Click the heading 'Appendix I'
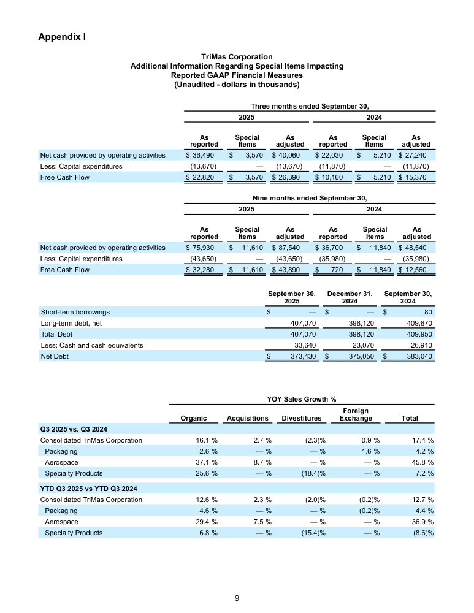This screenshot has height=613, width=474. point(61,37)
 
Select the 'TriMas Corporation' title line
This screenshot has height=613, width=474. point(237,57)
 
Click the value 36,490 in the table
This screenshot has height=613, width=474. point(203,156)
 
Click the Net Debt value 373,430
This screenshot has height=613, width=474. point(301,356)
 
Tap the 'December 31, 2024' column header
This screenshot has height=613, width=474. point(350,297)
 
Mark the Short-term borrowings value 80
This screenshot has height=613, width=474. point(428,312)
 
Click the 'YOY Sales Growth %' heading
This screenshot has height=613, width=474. point(301,400)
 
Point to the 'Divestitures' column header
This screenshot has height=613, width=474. point(301,418)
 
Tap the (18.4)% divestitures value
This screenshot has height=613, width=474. point(310,473)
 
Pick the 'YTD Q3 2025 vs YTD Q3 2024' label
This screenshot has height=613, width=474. point(88,489)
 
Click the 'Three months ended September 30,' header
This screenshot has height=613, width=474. point(310,105)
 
